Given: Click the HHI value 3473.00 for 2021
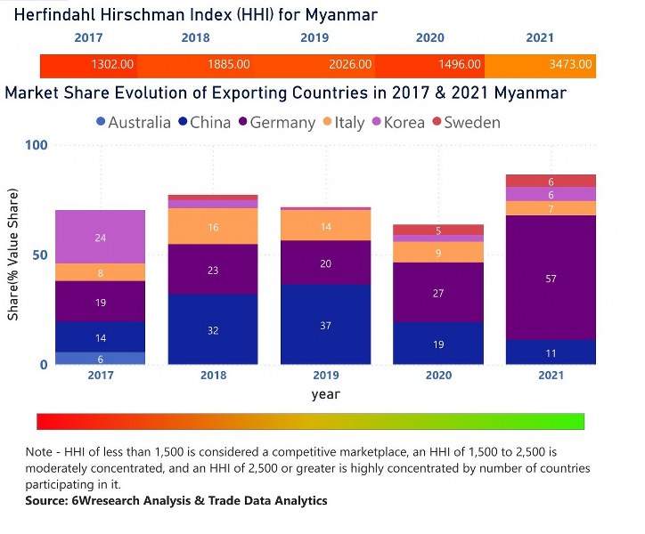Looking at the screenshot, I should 571,65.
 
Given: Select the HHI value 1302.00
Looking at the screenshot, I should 113,65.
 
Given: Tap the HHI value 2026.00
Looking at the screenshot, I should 350,65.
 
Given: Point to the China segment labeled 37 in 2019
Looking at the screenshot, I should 325,325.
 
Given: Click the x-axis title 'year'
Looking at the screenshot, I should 325,393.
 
